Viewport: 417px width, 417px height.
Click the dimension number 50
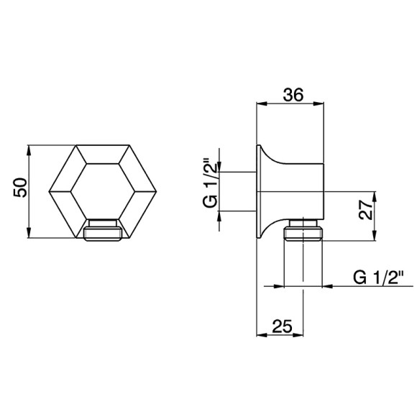point(20,188)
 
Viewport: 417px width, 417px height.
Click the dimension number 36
point(293,94)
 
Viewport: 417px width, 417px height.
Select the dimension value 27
point(365,210)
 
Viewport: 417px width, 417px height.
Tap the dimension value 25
point(282,326)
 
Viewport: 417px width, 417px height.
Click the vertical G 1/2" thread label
point(210,183)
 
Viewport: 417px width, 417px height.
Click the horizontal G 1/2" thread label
point(378,278)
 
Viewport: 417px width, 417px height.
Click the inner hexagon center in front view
point(103,191)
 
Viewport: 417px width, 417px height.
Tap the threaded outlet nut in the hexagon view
point(103,230)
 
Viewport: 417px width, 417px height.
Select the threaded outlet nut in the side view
point(303,230)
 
